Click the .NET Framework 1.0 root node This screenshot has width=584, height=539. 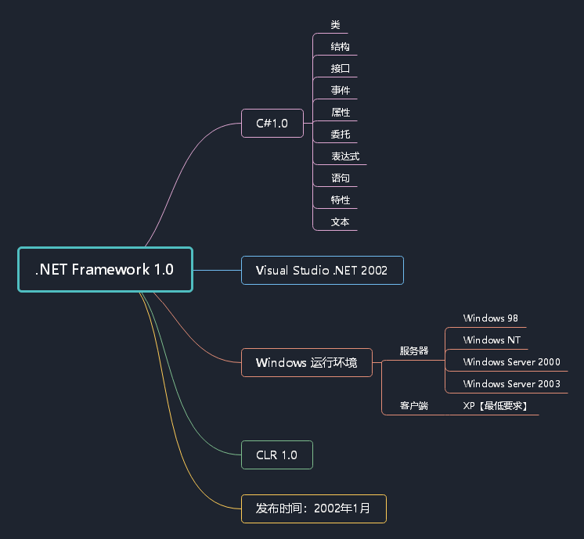point(105,270)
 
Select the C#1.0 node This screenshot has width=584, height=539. point(272,124)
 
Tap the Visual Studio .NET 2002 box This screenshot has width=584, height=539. point(322,271)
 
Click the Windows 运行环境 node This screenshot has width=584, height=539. point(306,363)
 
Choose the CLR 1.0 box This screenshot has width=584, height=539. point(276,455)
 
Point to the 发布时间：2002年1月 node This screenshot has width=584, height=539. point(313,508)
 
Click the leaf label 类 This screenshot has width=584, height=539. point(335,25)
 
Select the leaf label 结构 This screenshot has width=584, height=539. point(340,47)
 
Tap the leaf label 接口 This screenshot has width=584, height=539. point(340,69)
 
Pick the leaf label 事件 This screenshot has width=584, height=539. point(340,91)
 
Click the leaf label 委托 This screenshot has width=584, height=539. point(340,135)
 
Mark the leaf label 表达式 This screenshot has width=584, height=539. point(344,156)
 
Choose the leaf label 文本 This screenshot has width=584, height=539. point(340,222)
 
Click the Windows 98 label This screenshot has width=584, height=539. point(490,318)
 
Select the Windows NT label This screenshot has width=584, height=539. point(492,340)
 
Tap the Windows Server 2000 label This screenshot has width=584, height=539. point(511,362)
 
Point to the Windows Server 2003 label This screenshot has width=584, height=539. point(511,384)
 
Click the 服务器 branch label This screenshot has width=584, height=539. point(414,351)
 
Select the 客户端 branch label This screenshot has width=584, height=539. point(414,406)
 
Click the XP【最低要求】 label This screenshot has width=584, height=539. point(495,406)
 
